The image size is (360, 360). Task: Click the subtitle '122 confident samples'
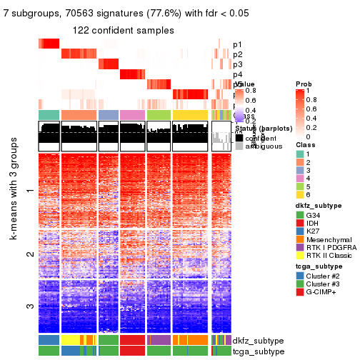123,31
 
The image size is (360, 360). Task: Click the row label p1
237,44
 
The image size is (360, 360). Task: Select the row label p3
237,64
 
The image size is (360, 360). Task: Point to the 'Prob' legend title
303,84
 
